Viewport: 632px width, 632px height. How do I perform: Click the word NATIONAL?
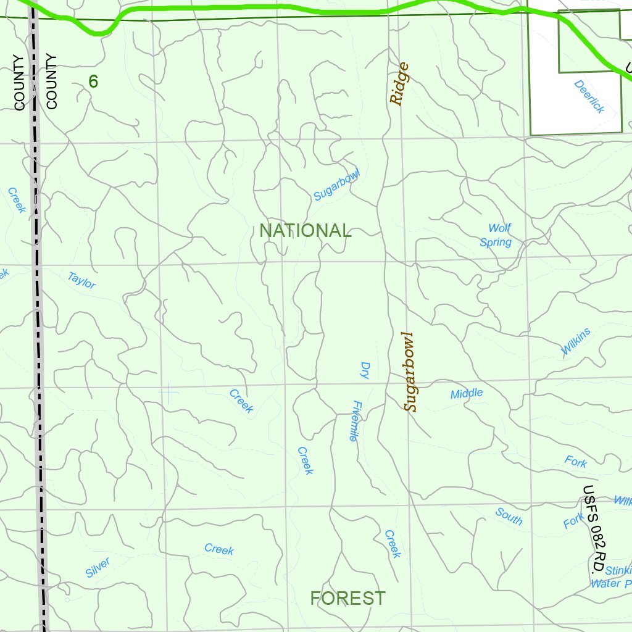point(305,231)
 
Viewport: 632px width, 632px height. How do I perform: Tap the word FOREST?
point(347,598)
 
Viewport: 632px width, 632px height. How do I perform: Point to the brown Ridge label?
point(399,84)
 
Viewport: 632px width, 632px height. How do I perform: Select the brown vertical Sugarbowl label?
point(410,372)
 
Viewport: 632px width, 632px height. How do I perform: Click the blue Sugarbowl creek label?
point(336,184)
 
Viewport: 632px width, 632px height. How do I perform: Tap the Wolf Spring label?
point(497,236)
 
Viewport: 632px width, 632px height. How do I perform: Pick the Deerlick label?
point(589,96)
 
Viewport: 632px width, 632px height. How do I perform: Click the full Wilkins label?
point(575,341)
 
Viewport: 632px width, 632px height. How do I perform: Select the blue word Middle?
point(467,394)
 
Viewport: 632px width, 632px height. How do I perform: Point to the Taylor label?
point(81,280)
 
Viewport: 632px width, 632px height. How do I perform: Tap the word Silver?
point(98,568)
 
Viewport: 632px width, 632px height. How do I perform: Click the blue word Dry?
point(364,370)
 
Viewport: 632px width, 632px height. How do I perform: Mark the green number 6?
point(93,81)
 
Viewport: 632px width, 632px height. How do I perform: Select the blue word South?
point(509,516)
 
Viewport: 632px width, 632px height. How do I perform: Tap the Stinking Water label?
point(611,577)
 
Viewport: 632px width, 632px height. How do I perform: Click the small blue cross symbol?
point(168,391)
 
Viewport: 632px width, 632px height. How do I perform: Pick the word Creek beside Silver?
point(219,549)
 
